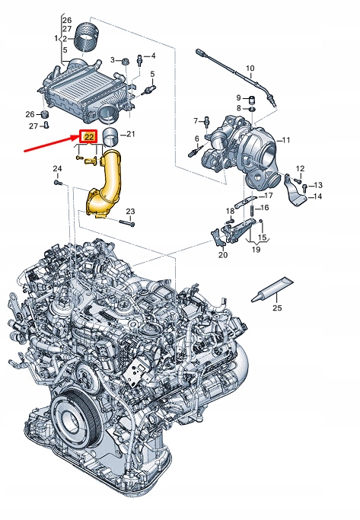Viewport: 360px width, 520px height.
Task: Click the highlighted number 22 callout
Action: click(x=88, y=137)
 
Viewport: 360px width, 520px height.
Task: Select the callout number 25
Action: click(x=277, y=308)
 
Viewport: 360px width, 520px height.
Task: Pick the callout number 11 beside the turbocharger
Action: click(x=286, y=141)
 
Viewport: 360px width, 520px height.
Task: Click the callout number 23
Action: click(x=130, y=211)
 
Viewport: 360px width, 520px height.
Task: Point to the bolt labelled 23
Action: click(x=128, y=223)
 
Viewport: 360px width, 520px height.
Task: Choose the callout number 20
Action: click(x=222, y=255)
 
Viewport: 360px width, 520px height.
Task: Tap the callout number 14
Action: click(x=318, y=196)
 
